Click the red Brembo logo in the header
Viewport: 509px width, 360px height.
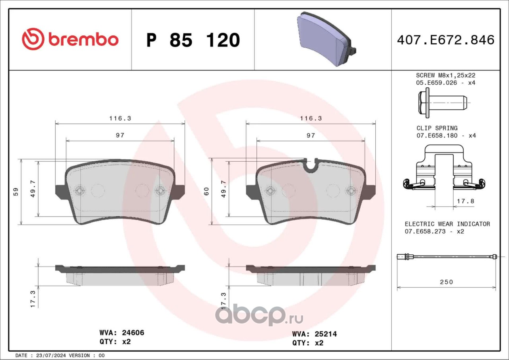[70, 39]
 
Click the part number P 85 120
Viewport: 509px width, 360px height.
[193, 40]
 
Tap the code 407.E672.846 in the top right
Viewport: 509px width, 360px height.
[446, 40]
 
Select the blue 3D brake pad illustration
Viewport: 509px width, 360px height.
[326, 39]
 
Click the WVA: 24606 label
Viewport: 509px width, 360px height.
[122, 333]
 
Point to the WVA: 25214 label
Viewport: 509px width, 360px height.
[315, 334]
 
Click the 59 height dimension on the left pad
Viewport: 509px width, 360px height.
[16, 192]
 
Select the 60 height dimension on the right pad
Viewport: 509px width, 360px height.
[206, 192]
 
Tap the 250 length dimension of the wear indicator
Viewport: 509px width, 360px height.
[447, 282]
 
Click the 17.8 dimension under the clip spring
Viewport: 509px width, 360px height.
[465, 201]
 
